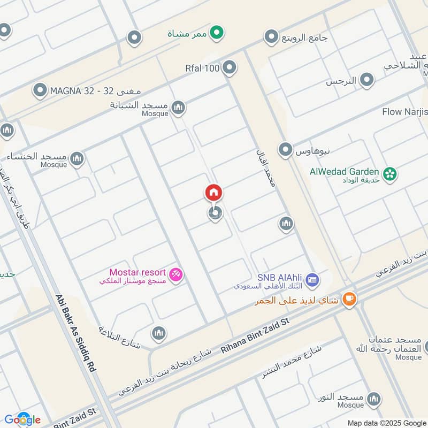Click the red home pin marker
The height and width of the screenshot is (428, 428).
click(x=213, y=193)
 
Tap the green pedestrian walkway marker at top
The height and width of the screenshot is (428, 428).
click(x=216, y=34)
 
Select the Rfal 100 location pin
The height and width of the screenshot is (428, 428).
click(x=230, y=67)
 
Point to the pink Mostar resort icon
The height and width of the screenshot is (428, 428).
click(x=175, y=275)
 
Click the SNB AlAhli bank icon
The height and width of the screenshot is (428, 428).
click(x=314, y=279)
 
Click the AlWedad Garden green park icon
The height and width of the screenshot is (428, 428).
click(x=391, y=174)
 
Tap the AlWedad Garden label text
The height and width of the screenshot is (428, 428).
click(x=345, y=172)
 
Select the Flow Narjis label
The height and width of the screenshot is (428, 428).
click(x=405, y=112)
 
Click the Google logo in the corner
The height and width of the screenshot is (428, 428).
click(x=22, y=419)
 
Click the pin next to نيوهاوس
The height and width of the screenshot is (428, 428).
click(x=286, y=150)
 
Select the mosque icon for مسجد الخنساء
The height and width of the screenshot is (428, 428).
click(x=77, y=158)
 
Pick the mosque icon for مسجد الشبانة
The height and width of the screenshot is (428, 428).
click(x=178, y=108)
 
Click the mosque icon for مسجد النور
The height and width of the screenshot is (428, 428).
click(x=374, y=399)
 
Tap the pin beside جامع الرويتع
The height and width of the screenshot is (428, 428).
click(x=271, y=37)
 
